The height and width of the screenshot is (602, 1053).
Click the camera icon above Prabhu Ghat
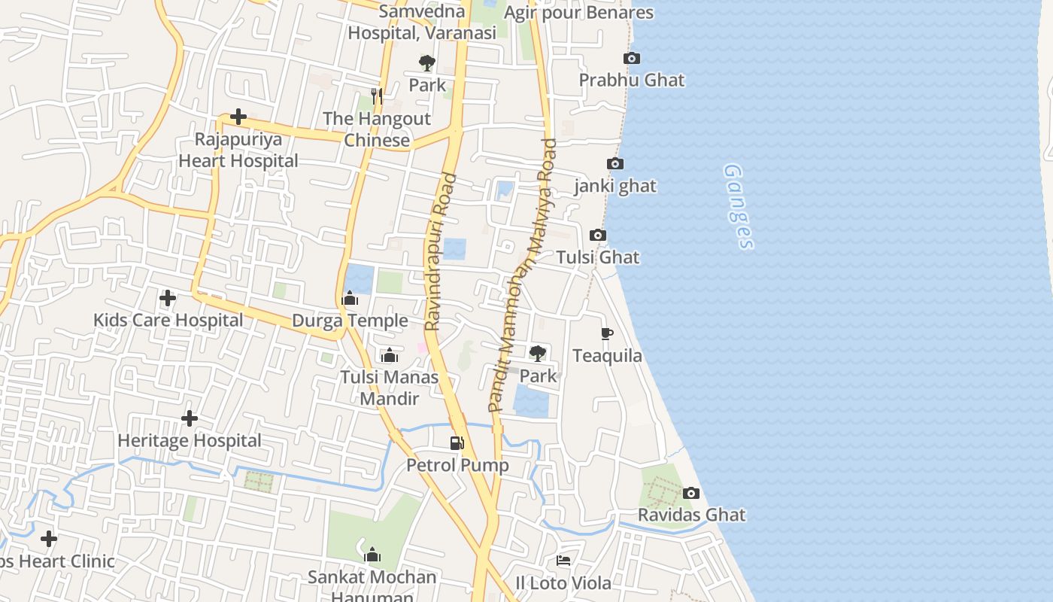tap(632, 58)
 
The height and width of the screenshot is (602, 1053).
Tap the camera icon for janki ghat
tap(615, 163)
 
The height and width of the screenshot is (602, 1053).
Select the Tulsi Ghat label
tap(598, 257)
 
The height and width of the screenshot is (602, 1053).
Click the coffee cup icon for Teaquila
tap(607, 333)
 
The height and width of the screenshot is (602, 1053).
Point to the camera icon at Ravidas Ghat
tap(690, 494)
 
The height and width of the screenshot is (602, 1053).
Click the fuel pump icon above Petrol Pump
tap(457, 443)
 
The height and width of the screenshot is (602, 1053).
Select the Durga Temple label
tap(350, 321)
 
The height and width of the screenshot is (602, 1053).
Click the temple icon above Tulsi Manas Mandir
tap(390, 355)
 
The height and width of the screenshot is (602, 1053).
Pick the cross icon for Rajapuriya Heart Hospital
tap(238, 117)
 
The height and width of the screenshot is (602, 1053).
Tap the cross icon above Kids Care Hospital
tap(168, 298)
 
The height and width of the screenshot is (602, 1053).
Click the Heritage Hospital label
tap(190, 441)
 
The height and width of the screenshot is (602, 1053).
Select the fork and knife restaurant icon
tap(377, 96)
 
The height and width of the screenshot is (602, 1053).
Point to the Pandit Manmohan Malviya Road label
tap(523, 275)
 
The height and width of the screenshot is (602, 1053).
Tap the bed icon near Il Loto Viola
tap(563, 561)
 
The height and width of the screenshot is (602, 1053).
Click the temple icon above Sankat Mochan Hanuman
tap(372, 556)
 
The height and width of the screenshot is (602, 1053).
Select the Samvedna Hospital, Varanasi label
tap(422, 22)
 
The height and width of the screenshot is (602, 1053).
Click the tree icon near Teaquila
tap(538, 353)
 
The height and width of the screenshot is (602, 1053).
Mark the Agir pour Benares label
tap(578, 13)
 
